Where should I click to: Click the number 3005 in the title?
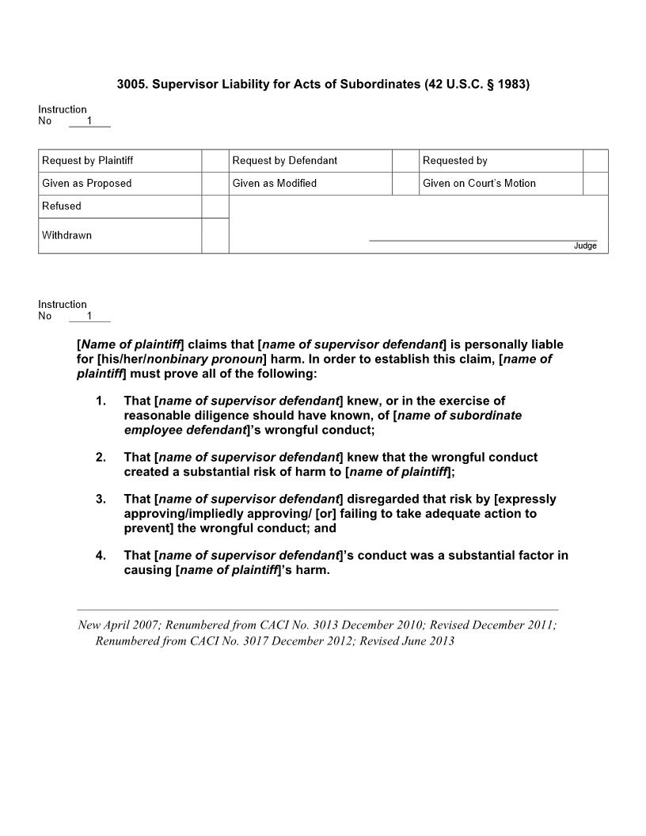(x=131, y=83)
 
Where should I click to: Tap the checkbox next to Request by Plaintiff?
(x=215, y=161)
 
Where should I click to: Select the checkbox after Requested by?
(x=595, y=161)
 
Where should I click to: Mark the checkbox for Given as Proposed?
(x=215, y=184)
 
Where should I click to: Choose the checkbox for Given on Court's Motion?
(x=595, y=184)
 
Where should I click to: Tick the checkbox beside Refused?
(x=215, y=207)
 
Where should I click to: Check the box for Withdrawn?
(x=215, y=236)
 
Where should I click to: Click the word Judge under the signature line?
(x=585, y=246)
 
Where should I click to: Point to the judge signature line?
(x=483, y=239)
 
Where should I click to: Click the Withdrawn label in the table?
(x=66, y=235)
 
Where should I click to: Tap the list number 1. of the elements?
(x=101, y=401)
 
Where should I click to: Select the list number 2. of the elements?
(x=101, y=458)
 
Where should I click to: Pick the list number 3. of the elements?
(x=101, y=500)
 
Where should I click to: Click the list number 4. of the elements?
(x=101, y=556)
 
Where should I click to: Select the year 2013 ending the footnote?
(x=440, y=641)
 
